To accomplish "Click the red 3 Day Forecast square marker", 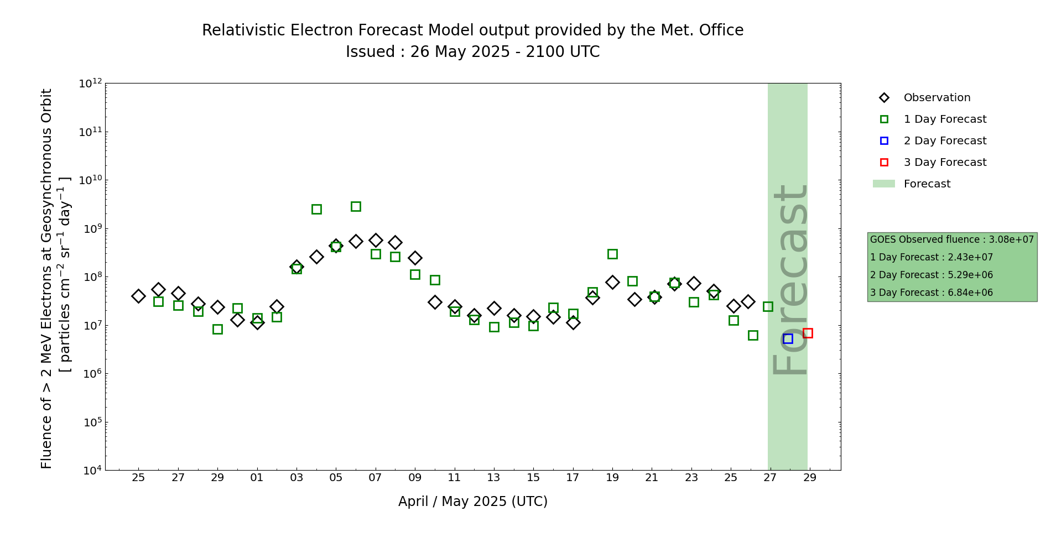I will click(808, 333).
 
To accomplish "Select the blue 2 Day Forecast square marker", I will click(788, 338).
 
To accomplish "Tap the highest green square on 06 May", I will click(356, 206).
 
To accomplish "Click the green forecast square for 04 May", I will click(316, 209).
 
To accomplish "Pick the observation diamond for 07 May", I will click(376, 240).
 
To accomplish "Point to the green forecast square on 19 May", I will click(612, 254).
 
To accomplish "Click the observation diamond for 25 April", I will click(138, 296).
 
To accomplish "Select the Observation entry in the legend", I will click(936, 98).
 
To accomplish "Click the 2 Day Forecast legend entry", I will click(944, 141).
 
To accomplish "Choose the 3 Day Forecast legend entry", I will click(944, 163).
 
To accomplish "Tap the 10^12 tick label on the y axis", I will click(90, 84).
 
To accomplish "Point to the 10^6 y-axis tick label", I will click(90, 374).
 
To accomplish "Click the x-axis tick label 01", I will click(257, 477).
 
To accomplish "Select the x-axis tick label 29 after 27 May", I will click(810, 477).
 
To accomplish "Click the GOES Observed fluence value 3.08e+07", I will click(1011, 240).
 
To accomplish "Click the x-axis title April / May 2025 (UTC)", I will click(472, 502).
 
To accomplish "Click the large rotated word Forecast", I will click(789, 279).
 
